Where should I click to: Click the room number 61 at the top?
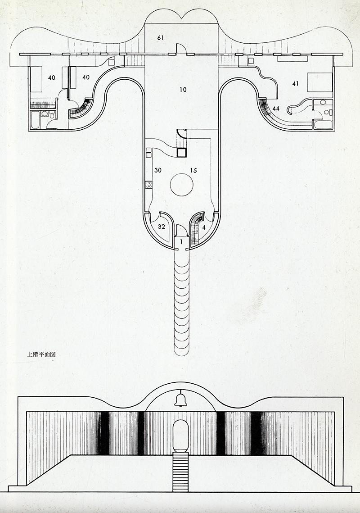pos(160,38)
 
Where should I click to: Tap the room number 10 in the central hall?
pos(183,90)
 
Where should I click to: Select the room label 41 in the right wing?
pos(295,84)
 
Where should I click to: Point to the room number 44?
pos(276,109)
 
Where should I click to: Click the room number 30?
pos(158,170)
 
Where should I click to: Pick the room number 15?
pos(193,170)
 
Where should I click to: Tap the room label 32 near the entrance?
pos(161,227)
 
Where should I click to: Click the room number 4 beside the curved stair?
pos(204,227)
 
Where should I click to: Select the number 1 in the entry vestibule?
pos(181,242)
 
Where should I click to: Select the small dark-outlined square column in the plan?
pos(181,153)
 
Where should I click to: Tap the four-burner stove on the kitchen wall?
pos(149,185)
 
